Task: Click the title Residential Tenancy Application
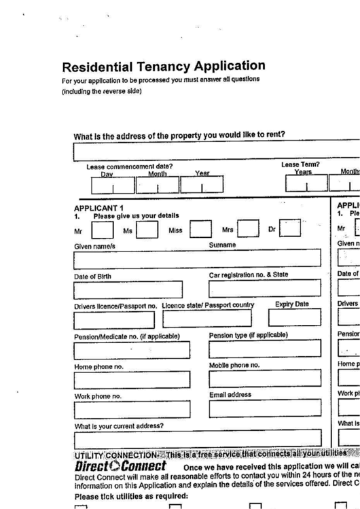(163, 67)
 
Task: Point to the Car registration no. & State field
(264, 289)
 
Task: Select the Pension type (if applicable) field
(264, 349)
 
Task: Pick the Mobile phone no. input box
(264, 379)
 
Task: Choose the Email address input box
(264, 408)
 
